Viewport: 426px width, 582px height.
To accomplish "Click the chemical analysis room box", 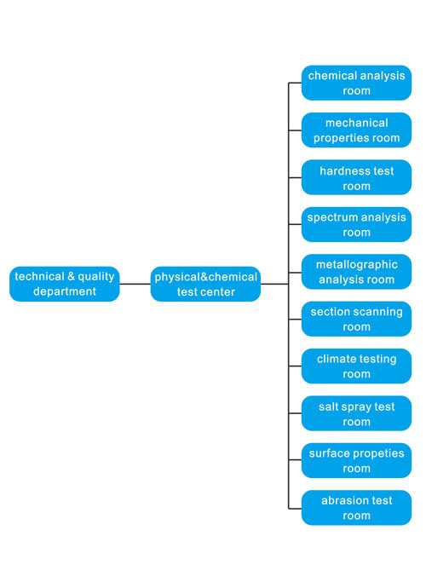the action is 356,83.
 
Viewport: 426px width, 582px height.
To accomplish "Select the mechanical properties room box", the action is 356,130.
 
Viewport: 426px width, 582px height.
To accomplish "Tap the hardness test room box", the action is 356,177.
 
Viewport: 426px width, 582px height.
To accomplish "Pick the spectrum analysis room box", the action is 356,225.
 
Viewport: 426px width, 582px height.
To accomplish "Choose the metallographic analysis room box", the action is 356,272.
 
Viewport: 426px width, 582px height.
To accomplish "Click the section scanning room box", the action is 356,319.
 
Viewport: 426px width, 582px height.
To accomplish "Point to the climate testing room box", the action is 356,366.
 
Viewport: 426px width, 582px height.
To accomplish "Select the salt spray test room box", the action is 356,413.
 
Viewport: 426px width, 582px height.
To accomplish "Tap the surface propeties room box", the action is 356,460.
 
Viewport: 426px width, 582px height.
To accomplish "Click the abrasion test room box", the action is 356,508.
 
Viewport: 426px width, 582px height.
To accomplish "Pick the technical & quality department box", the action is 65,284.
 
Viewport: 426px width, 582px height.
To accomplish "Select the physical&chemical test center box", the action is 205,284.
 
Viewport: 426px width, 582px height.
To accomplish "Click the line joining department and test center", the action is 135,284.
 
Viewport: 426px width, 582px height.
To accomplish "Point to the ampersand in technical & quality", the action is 71,276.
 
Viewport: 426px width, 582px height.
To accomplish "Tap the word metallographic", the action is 357,265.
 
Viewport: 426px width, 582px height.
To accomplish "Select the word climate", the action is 334,359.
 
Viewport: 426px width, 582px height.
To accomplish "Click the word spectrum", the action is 330,218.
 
